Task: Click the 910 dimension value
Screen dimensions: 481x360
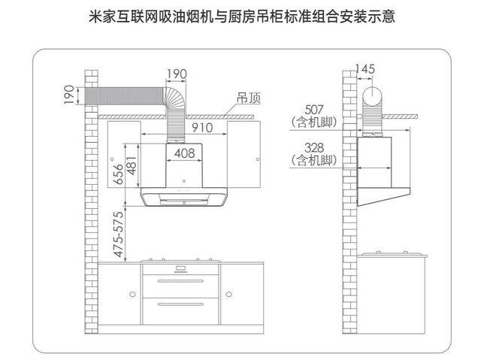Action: [202, 128]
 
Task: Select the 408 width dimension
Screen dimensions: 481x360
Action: [184, 153]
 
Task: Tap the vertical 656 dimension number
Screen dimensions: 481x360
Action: [119, 174]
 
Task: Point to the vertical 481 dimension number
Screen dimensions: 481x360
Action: [132, 165]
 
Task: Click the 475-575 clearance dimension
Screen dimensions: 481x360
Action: [119, 234]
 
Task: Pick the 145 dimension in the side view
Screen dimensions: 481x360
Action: [365, 69]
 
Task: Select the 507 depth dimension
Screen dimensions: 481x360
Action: [314, 110]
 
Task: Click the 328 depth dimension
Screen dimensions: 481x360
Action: [314, 147]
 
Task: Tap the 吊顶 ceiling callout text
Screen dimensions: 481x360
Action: [249, 98]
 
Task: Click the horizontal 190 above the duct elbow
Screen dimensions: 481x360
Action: [177, 74]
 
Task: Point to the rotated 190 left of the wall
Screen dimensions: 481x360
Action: [69, 95]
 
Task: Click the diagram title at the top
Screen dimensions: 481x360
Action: [242, 17]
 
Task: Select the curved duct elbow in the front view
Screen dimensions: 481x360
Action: [176, 95]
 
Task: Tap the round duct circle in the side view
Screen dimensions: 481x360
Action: [373, 95]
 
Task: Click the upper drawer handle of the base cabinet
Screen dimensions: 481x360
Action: [180, 281]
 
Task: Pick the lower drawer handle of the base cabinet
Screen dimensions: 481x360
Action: [180, 304]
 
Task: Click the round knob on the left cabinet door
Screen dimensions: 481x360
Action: [132, 295]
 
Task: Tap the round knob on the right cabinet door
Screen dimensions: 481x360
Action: [228, 295]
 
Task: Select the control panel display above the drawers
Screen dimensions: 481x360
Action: [181, 268]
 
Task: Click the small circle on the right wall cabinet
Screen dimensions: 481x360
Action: [258, 159]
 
